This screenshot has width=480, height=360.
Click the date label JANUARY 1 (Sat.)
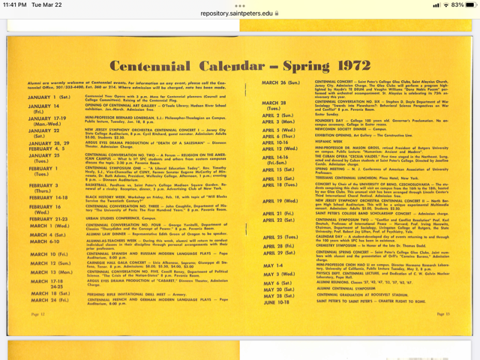click(x=49, y=97)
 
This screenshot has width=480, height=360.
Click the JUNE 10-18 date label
click(x=276, y=301)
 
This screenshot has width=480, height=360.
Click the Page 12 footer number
click(x=38, y=315)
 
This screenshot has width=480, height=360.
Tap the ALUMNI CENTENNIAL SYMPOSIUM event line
click(x=346, y=288)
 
